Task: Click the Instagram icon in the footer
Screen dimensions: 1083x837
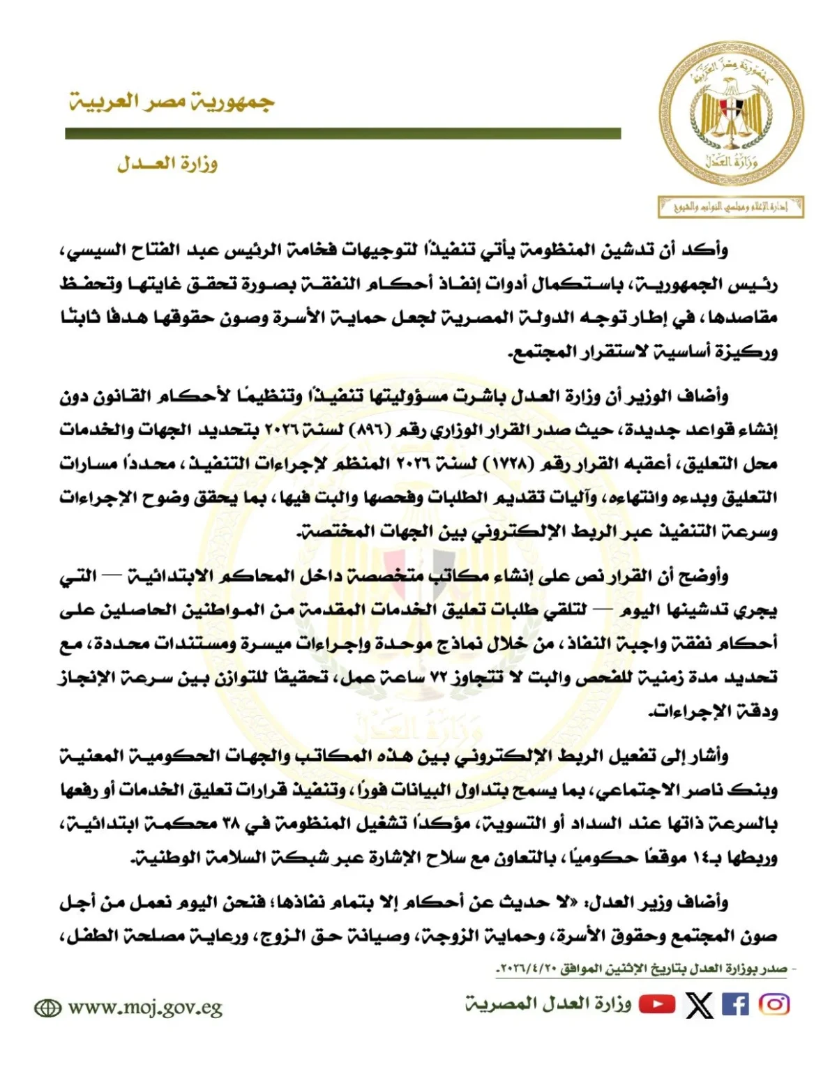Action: click(x=774, y=1004)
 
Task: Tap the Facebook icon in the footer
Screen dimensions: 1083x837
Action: click(x=735, y=1004)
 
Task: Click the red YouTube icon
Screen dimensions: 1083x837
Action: click(x=657, y=1004)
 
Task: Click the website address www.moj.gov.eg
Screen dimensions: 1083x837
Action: click(x=144, y=1008)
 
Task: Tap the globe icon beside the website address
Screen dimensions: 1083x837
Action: click(x=47, y=1008)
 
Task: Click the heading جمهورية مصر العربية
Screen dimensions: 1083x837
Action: click(x=172, y=103)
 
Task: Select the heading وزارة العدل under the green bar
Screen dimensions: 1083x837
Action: click(x=167, y=165)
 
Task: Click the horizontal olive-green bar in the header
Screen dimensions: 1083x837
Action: click(x=342, y=133)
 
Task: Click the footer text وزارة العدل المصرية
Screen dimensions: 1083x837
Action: click(x=548, y=1004)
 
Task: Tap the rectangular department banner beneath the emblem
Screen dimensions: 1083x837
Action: click(x=730, y=207)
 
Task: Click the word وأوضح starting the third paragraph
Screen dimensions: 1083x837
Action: click(x=706, y=576)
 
